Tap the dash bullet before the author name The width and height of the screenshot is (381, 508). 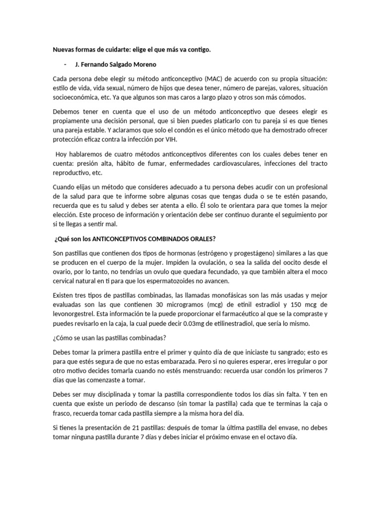[x=65, y=64]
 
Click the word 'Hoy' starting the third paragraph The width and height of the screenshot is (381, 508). [x=62, y=154]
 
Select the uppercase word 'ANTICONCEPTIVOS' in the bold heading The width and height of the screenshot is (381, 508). [x=115, y=238]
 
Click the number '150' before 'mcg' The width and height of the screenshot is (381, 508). [x=298, y=305]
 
